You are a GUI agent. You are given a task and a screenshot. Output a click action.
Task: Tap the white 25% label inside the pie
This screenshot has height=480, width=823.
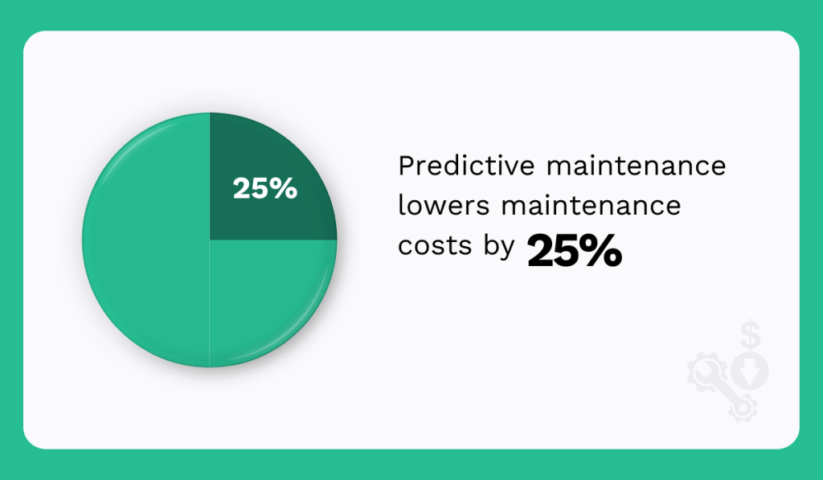(x=265, y=188)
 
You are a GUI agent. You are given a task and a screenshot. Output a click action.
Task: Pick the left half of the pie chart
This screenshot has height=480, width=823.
(x=147, y=240)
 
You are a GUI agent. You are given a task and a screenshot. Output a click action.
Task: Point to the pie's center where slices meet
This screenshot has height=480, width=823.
(x=210, y=240)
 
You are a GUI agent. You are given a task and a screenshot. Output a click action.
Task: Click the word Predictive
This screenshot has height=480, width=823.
(x=466, y=166)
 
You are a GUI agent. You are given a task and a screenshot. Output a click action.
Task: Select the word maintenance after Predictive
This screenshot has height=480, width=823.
(x=637, y=166)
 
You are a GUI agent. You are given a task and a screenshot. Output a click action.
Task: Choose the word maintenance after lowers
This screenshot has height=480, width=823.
(x=591, y=205)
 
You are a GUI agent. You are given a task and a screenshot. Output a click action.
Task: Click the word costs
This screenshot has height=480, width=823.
(x=435, y=246)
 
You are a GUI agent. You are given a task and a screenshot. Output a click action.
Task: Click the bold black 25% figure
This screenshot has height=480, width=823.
(x=575, y=251)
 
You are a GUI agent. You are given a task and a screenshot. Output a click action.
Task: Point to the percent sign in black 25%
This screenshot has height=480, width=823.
(x=604, y=251)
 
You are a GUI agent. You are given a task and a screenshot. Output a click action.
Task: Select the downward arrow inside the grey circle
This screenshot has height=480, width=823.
(x=749, y=371)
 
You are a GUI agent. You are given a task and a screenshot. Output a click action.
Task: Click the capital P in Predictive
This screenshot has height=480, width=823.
(x=406, y=166)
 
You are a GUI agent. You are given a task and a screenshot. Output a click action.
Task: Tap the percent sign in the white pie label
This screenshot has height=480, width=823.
(x=285, y=188)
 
